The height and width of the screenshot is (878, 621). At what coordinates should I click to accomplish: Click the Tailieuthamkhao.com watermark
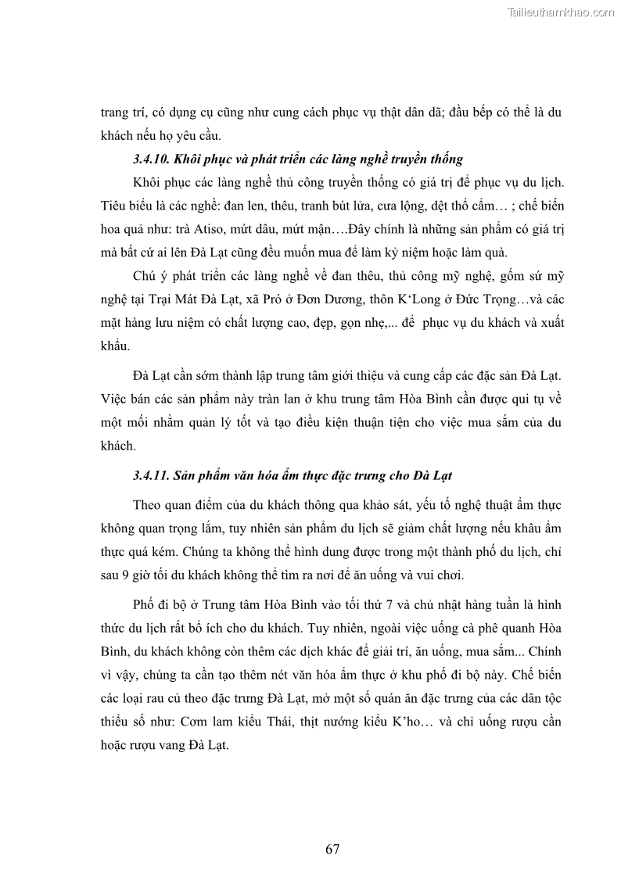[x=561, y=12]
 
